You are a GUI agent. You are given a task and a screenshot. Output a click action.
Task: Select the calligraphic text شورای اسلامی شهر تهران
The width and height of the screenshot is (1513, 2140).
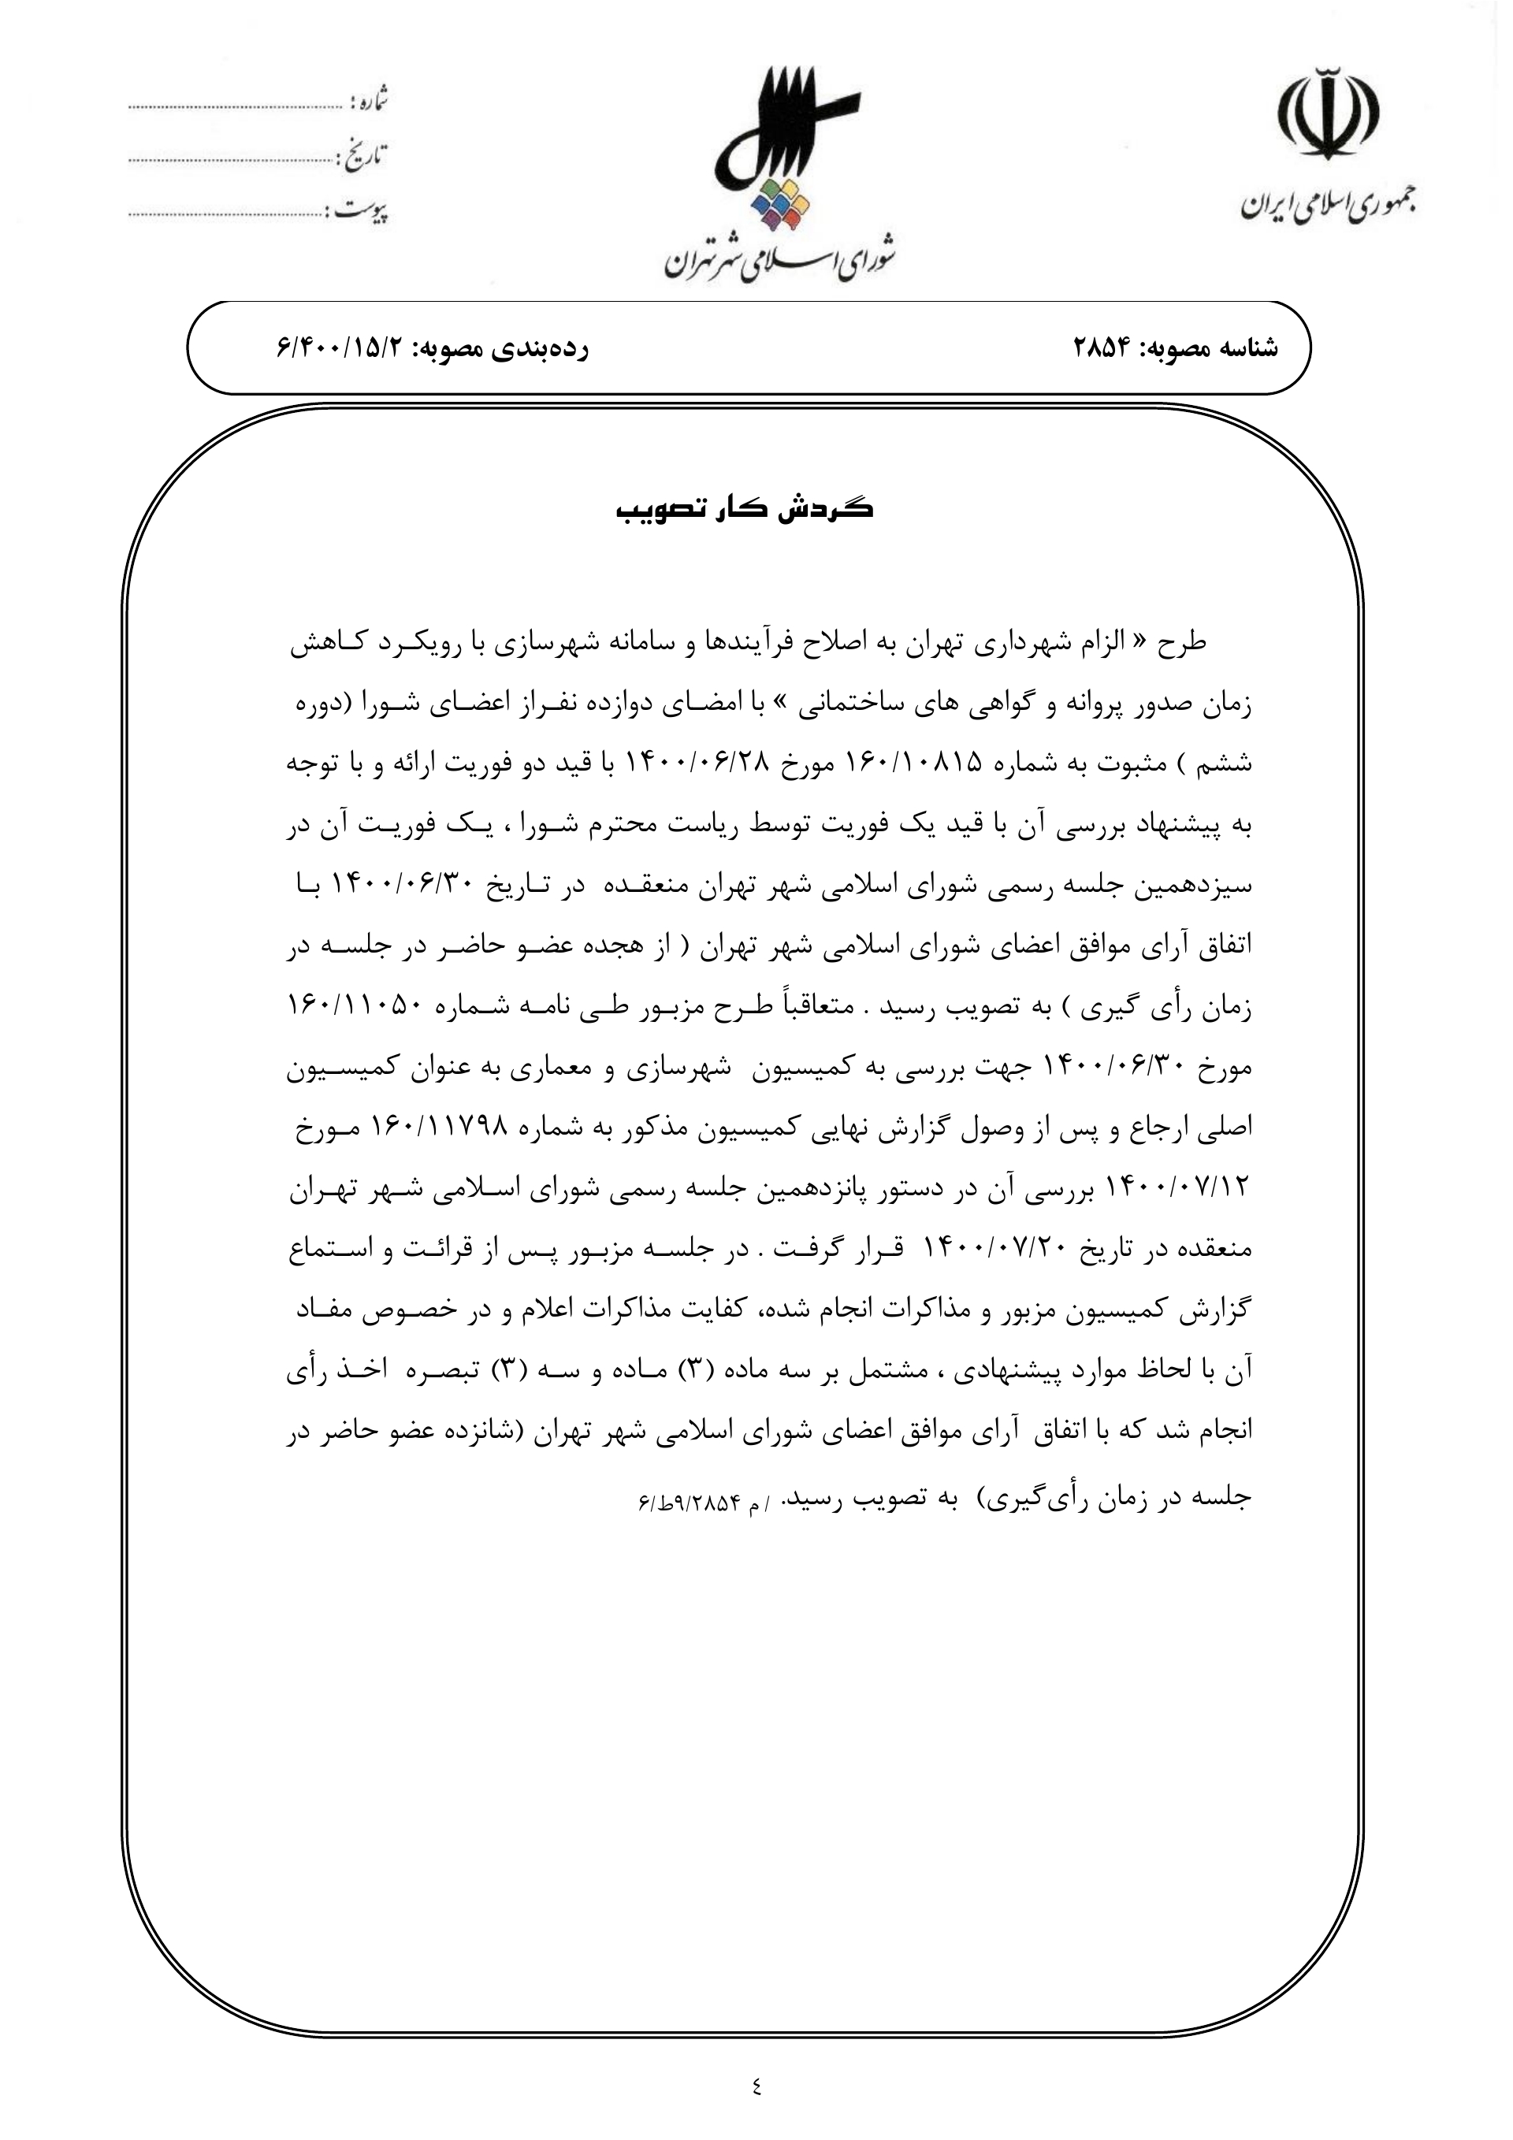point(779,260)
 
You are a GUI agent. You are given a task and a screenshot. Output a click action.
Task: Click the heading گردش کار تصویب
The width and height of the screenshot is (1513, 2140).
point(745,510)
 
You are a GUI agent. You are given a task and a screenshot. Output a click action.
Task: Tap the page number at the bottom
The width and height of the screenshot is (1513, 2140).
point(755,2086)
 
